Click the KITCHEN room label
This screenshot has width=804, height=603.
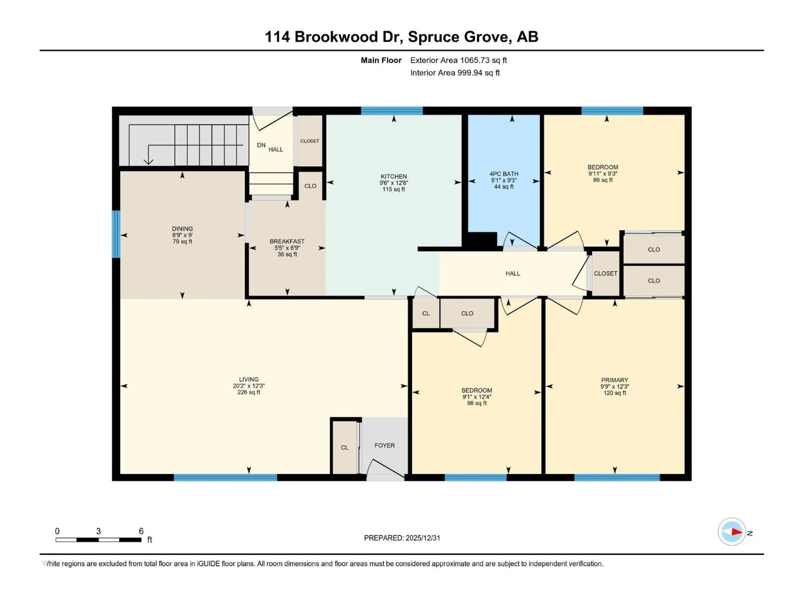click(394, 176)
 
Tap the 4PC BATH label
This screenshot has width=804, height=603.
click(504, 174)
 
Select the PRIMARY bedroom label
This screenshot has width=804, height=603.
click(614, 380)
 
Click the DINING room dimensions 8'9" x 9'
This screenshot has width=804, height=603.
click(182, 235)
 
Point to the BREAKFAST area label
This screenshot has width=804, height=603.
click(287, 241)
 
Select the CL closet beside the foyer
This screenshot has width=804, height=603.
click(344, 447)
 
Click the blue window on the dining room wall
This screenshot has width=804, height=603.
click(116, 234)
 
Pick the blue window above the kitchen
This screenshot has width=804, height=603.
click(392, 111)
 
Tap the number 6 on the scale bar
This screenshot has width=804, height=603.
click(141, 531)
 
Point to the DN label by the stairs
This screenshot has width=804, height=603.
click(261, 145)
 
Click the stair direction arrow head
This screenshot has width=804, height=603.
click(148, 161)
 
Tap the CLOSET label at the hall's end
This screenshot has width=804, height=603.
click(605, 273)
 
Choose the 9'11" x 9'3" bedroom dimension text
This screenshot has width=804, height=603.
click(603, 174)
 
